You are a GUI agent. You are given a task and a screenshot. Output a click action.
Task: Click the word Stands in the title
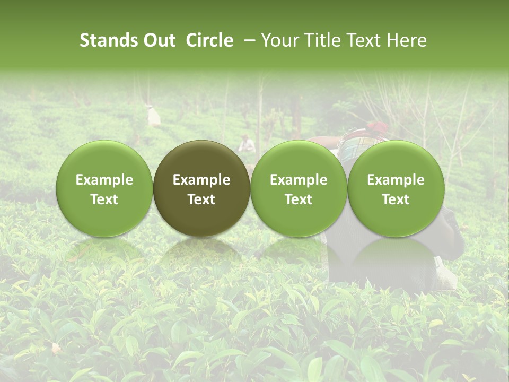click(105, 41)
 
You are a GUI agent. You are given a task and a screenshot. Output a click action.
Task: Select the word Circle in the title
click(209, 41)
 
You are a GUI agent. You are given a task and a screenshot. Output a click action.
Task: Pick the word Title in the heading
click(319, 41)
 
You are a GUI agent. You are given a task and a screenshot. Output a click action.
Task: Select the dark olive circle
click(201, 188)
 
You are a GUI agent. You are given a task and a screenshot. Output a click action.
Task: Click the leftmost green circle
click(104, 188)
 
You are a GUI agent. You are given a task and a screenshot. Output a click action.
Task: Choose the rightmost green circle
click(396, 188)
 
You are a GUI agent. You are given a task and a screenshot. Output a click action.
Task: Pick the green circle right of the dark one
click(299, 188)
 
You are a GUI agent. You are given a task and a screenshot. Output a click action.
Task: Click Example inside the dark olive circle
click(201, 180)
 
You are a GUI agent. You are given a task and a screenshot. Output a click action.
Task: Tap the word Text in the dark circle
click(201, 199)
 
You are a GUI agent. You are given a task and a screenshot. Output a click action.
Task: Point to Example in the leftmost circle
click(104, 180)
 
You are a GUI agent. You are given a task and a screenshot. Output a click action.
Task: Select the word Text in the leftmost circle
click(104, 199)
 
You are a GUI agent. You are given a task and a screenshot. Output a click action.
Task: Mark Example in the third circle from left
click(299, 180)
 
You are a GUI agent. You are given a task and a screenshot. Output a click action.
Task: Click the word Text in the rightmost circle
click(396, 199)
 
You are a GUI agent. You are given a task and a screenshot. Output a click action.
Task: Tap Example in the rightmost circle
click(396, 180)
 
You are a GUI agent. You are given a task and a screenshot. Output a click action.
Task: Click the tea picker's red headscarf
click(377, 127)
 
